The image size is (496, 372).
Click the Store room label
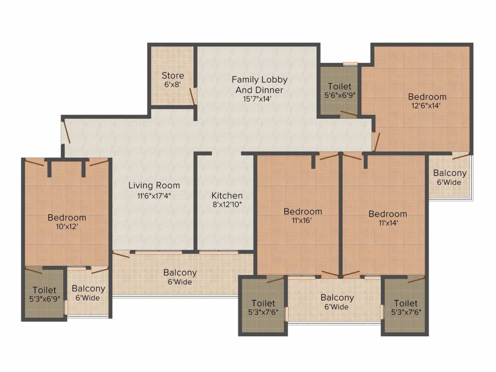click(173, 76)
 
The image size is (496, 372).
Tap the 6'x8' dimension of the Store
click(172, 84)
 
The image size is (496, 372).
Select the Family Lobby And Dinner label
click(260, 84)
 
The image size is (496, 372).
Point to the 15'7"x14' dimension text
click(257, 99)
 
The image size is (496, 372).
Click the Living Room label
click(154, 186)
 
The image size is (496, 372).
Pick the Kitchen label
click(227, 196)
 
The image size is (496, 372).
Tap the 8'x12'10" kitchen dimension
click(227, 205)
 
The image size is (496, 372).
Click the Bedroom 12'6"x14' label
click(427, 101)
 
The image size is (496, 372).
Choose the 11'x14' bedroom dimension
click(388, 223)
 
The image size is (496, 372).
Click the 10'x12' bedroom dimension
click(67, 227)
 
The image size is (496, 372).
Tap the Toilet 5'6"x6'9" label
click(340, 91)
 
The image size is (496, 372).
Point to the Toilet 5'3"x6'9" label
click(45, 294)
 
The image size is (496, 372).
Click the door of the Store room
click(192, 96)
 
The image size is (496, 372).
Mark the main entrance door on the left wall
click(66, 131)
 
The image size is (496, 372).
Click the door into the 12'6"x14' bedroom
click(376, 142)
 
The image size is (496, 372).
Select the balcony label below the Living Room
click(180, 277)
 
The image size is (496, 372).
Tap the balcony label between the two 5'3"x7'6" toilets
click(337, 302)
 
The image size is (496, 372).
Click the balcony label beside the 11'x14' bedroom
click(450, 177)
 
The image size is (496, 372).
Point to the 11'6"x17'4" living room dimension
click(154, 196)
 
